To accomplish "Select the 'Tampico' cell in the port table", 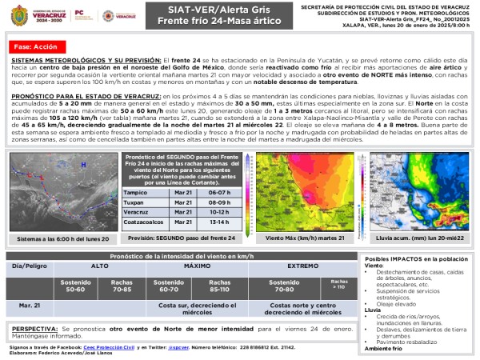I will tap(136, 192).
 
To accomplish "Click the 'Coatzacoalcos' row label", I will tap(144, 222).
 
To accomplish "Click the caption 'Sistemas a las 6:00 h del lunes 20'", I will tap(61, 238).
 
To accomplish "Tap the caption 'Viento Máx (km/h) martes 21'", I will tap(305, 238).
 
